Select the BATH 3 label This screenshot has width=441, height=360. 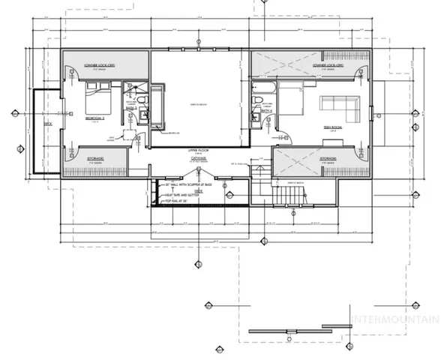point(130,108)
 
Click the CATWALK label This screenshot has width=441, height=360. point(197,159)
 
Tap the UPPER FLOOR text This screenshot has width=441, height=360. point(197,151)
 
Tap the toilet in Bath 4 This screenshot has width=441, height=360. point(256,103)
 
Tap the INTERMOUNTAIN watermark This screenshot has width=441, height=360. point(395,317)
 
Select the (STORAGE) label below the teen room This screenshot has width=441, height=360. point(328,159)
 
